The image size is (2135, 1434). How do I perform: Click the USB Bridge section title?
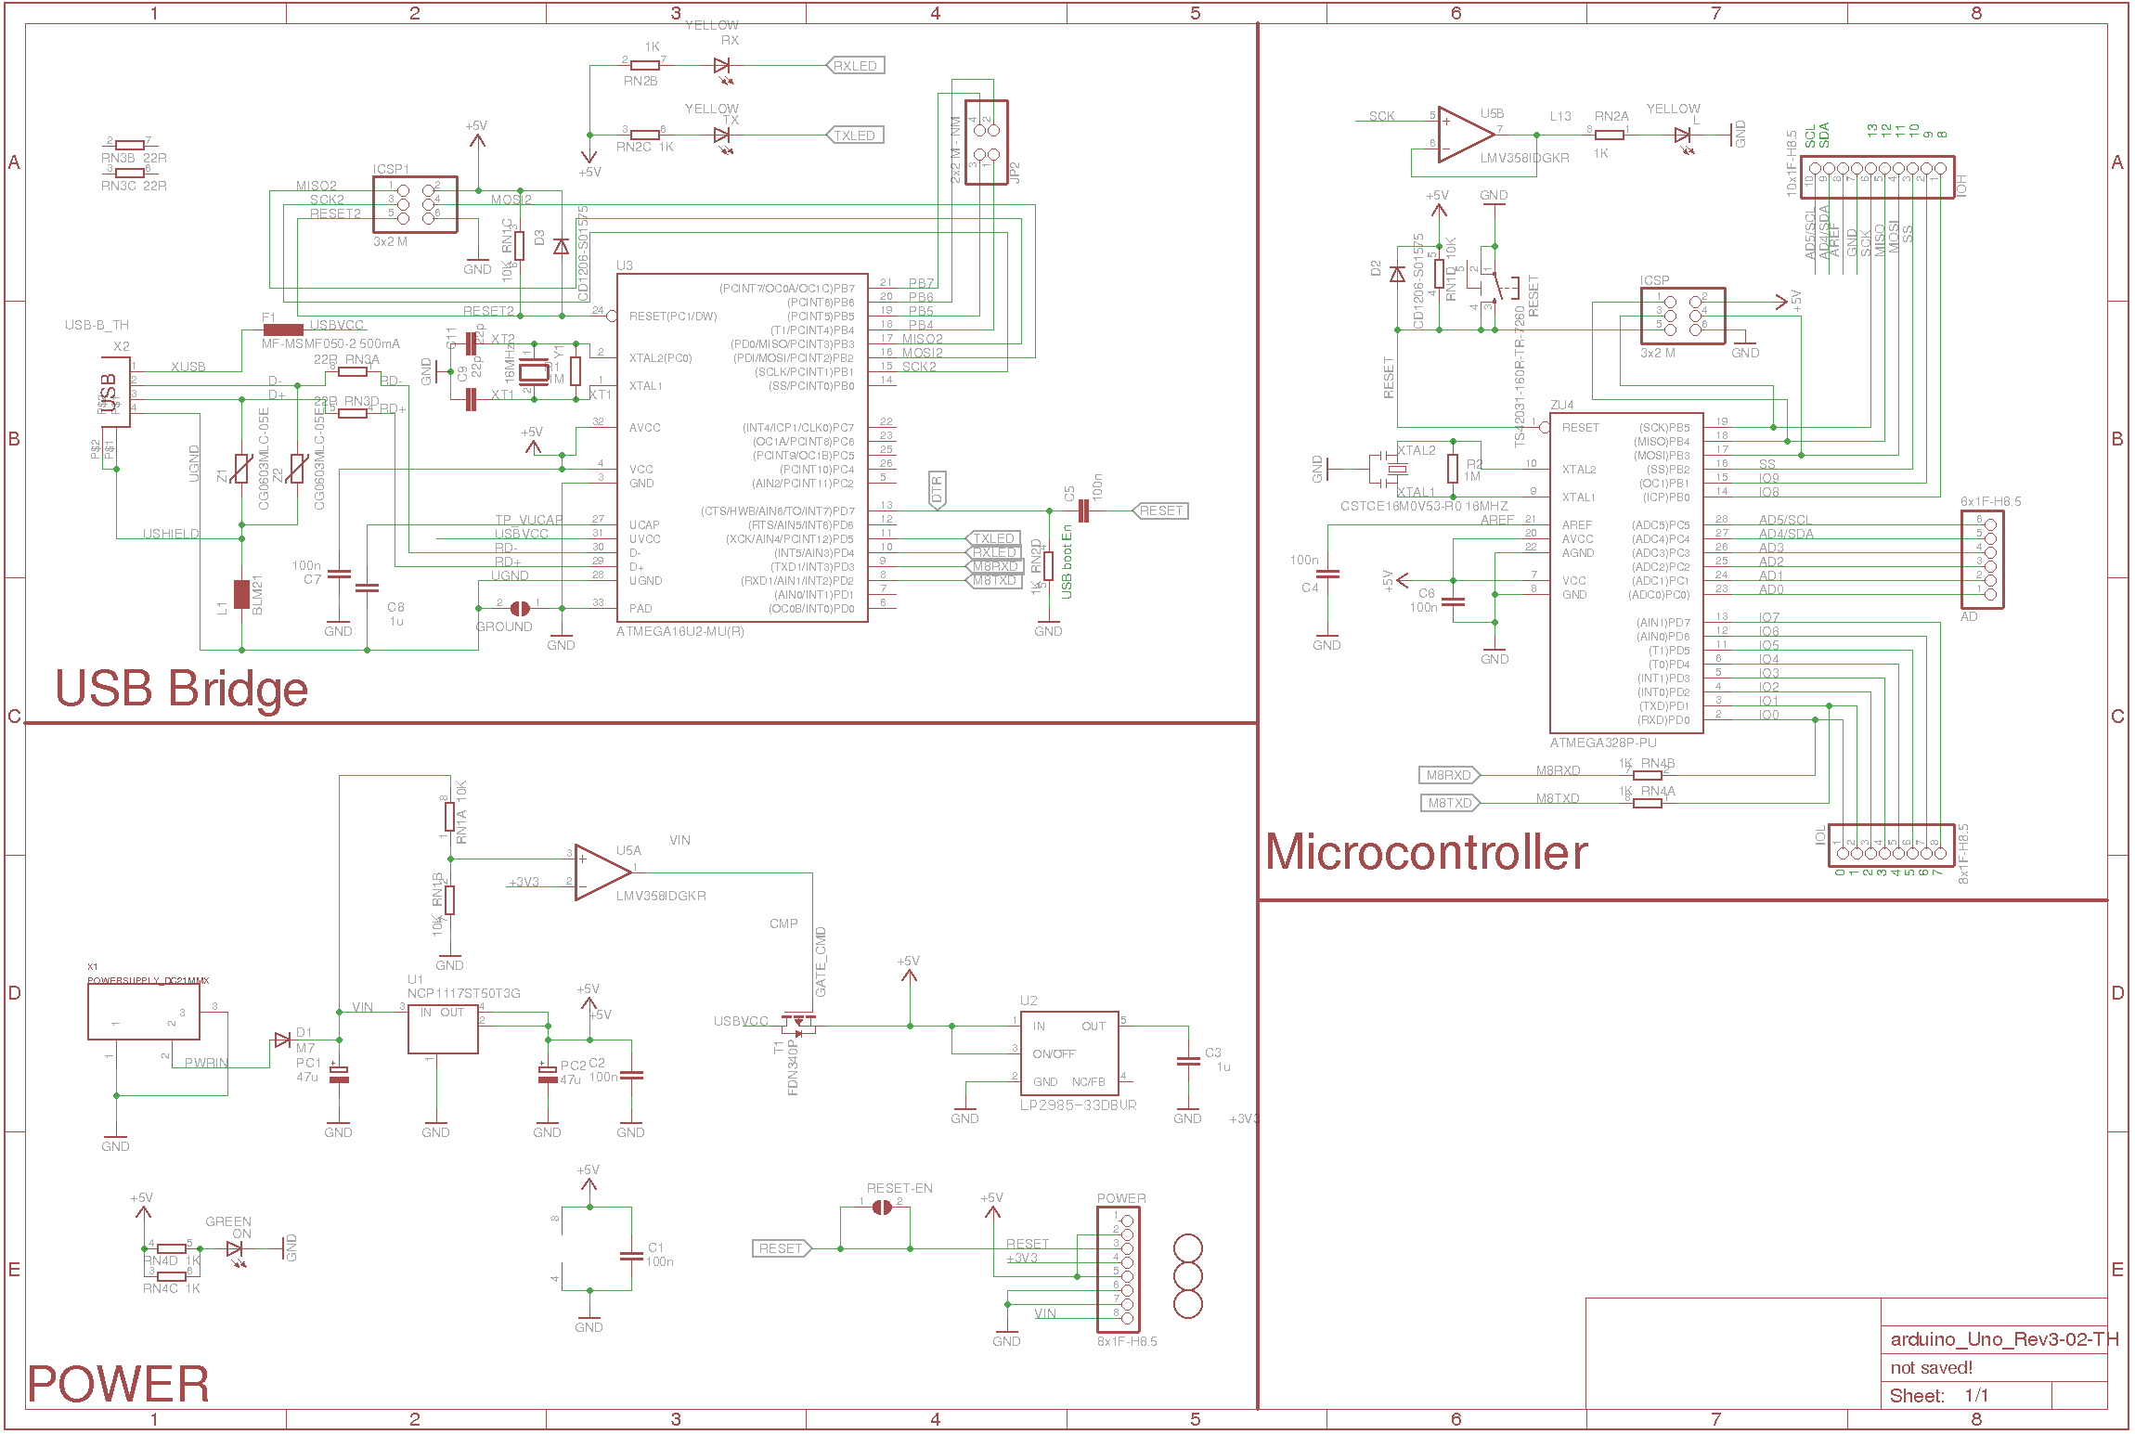(181, 690)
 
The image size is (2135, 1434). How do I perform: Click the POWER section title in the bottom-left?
(118, 1384)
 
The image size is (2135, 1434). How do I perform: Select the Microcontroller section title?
(1426, 852)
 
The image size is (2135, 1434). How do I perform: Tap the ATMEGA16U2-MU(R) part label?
(679, 632)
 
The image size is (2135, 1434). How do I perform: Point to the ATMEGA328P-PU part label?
(1602, 743)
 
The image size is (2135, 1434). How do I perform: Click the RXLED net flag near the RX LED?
(855, 66)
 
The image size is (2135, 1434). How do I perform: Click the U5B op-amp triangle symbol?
(1463, 134)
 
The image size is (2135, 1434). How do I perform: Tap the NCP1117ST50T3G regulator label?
(463, 993)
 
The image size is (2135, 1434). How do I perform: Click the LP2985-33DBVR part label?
(1078, 1105)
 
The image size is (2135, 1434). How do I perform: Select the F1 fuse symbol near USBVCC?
(283, 329)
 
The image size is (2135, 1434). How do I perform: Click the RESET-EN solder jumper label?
(899, 1188)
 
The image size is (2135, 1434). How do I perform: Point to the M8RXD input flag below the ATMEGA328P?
(1448, 775)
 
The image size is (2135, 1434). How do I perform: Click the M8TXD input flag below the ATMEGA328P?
(1449, 803)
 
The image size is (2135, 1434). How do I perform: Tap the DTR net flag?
(937, 489)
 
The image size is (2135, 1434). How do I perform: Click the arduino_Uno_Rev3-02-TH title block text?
(2004, 1339)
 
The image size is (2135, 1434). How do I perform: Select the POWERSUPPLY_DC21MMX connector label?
(148, 980)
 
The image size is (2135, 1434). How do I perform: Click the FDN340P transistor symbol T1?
(796, 1026)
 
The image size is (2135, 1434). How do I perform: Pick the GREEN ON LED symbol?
(235, 1249)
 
